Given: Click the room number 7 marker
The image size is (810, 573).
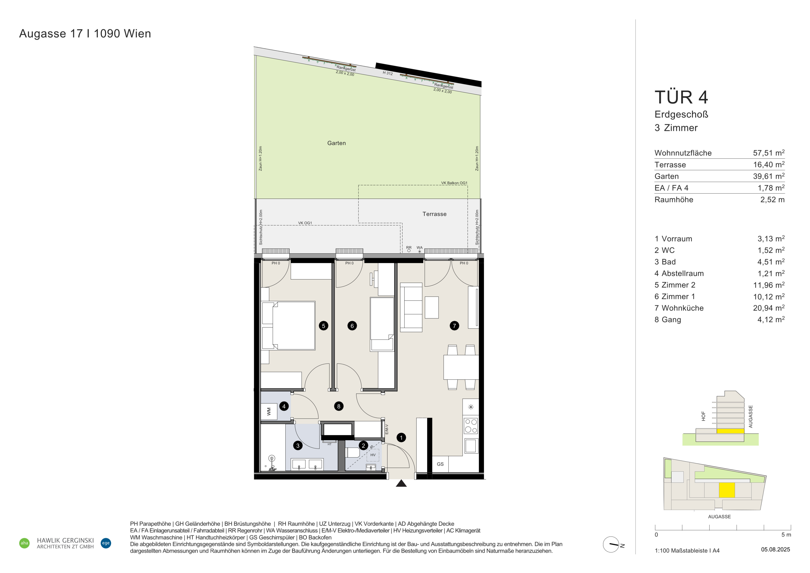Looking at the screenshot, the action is [x=454, y=326].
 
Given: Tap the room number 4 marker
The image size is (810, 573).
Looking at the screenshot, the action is [x=284, y=406].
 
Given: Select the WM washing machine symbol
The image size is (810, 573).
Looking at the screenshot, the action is [x=269, y=411].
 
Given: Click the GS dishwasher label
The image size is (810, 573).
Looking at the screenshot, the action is [x=440, y=464].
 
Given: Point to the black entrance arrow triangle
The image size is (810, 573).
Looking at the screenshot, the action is [x=401, y=483].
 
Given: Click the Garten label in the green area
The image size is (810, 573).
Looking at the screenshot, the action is [x=336, y=143].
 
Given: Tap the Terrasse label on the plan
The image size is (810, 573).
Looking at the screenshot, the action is [x=435, y=214].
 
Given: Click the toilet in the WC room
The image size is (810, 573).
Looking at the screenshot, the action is [x=352, y=452].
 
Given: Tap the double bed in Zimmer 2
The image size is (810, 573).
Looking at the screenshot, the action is [x=288, y=325].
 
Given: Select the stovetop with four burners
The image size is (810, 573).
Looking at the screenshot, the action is [x=471, y=426].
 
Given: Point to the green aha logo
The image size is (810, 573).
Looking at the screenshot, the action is [x=24, y=543].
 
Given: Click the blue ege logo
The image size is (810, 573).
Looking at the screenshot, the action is [x=106, y=543].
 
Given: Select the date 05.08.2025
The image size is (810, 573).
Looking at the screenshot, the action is [x=776, y=549].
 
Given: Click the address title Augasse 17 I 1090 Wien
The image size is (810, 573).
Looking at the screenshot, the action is [x=85, y=34].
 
